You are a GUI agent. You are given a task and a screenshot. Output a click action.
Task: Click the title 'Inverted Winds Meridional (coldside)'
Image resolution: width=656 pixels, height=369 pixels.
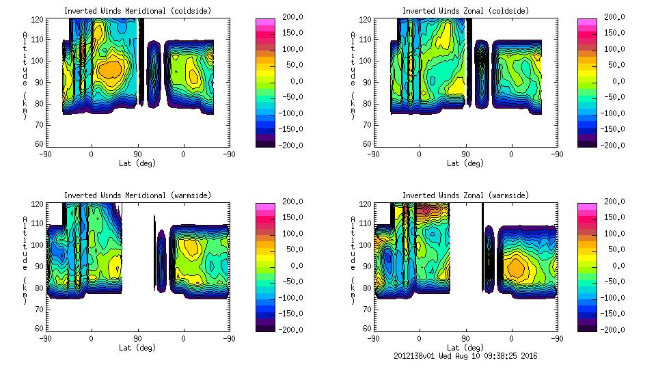click(137, 10)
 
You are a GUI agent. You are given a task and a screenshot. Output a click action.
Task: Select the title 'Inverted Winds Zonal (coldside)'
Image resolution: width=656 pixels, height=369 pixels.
click(465, 10)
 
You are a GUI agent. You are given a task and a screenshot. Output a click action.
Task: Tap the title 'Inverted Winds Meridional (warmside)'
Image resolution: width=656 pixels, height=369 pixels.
click(137, 195)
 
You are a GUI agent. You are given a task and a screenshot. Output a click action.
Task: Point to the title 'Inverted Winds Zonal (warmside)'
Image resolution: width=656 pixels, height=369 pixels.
click(465, 195)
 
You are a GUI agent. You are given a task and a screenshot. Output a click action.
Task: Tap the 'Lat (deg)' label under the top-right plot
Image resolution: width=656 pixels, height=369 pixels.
click(465, 163)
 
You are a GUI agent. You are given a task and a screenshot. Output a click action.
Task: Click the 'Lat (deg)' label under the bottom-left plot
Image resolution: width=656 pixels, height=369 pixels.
click(137, 348)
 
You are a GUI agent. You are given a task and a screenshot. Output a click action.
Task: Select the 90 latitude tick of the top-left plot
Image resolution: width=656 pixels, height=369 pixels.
click(137, 154)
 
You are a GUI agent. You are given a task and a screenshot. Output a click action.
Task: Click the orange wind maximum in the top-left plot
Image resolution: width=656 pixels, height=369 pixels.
click(109, 69)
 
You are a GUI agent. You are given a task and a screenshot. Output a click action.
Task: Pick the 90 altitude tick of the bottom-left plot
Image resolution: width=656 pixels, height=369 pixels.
click(40, 266)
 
